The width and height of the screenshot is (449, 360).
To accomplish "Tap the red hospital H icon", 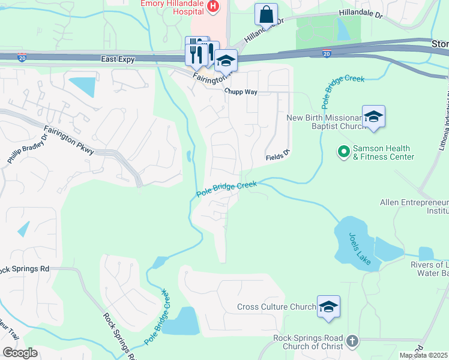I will point(212,7).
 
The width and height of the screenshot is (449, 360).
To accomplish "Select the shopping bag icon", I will point(266,15).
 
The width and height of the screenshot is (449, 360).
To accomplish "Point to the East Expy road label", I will point(117,59).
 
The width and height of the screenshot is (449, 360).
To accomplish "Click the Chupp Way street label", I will point(240,92).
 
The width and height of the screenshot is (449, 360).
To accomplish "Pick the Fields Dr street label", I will point(279,157).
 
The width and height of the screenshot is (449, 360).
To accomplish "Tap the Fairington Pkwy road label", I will point(68,140).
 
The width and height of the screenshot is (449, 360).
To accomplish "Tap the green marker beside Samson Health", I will point(343,152).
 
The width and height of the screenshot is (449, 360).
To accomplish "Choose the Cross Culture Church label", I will point(276,307).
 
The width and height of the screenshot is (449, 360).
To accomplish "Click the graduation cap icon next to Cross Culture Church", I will point(328,307).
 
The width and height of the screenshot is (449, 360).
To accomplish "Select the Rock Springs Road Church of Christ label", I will point(308,342).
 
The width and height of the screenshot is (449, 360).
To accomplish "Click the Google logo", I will point(20,353).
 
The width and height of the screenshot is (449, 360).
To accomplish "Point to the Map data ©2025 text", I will point(423,355).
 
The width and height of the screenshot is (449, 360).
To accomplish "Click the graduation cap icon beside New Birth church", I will point(373,117).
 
